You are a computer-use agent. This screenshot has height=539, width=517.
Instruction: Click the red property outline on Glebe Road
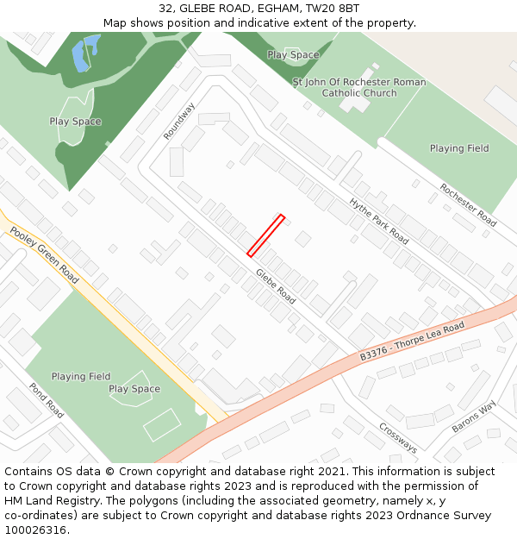[x=265, y=235]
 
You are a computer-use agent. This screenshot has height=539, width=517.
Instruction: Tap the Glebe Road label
[x=275, y=286]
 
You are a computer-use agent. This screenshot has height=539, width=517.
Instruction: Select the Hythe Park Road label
[x=378, y=221]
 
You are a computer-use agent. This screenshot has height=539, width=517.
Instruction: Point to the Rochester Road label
[x=468, y=205]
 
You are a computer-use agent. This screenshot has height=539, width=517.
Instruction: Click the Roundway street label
[x=179, y=121]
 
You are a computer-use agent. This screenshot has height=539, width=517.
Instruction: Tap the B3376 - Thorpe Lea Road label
[x=412, y=341]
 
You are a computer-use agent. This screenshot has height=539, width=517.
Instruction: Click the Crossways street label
[x=398, y=438]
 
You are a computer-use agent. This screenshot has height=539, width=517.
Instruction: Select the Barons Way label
[x=475, y=417]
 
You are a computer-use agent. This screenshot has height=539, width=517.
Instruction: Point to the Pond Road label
[x=47, y=400]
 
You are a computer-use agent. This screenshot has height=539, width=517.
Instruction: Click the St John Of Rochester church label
[x=358, y=88]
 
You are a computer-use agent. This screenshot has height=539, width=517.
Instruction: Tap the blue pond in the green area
[x=84, y=53]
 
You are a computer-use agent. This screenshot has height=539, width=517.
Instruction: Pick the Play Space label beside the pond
[x=75, y=122]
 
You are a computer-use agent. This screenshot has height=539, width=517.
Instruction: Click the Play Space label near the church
[x=293, y=54]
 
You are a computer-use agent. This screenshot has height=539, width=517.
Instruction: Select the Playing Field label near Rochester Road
[x=459, y=148]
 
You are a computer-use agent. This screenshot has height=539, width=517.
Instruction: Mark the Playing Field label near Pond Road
[x=81, y=376]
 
